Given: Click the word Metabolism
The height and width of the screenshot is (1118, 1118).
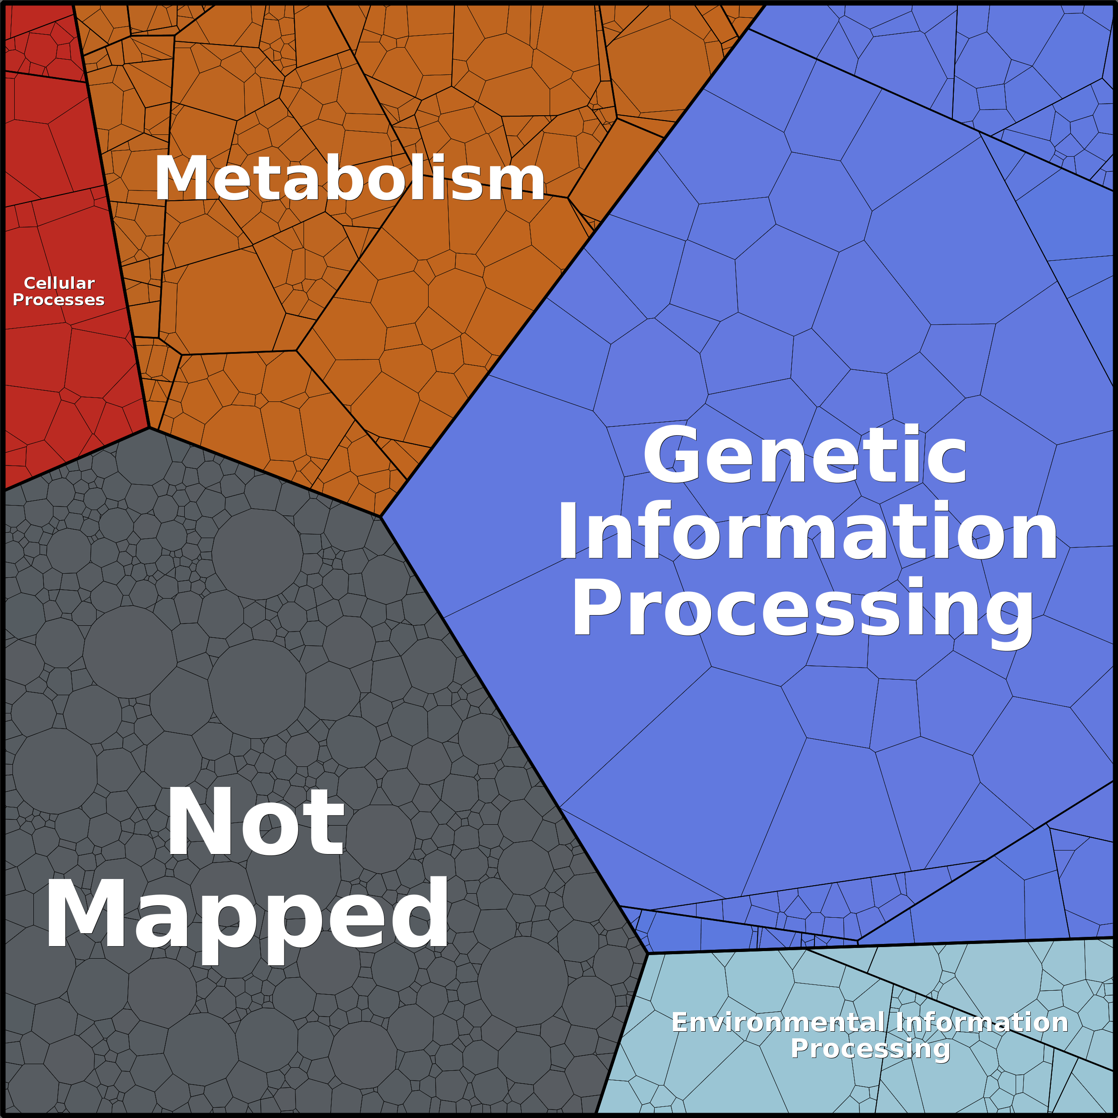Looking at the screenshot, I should (x=349, y=179).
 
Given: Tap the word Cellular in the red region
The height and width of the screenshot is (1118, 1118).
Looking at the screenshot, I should (x=59, y=283).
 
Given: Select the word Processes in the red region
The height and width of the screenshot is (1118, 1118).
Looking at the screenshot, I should (x=58, y=300).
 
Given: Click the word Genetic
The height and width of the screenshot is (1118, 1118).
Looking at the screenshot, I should (x=804, y=455).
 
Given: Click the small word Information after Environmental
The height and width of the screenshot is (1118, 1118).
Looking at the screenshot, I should (x=981, y=1022).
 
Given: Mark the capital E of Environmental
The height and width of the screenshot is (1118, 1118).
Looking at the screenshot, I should (x=679, y=1022).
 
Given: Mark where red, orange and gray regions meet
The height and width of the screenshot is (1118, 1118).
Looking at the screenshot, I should (x=149, y=428).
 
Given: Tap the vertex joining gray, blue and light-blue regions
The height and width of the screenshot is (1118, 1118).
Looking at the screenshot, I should (x=648, y=952).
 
